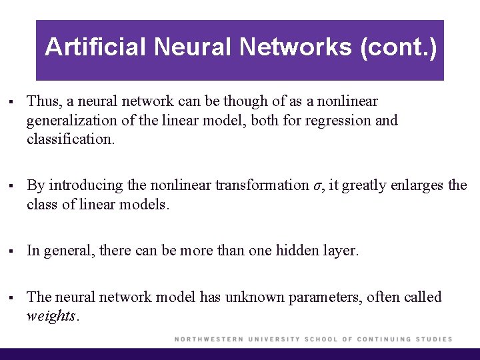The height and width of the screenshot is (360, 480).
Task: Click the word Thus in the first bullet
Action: pyautogui.click(x=43, y=101)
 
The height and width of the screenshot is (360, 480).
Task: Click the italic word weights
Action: pyautogui.click(x=51, y=316)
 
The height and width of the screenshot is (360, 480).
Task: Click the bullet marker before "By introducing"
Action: pyautogui.click(x=12, y=186)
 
